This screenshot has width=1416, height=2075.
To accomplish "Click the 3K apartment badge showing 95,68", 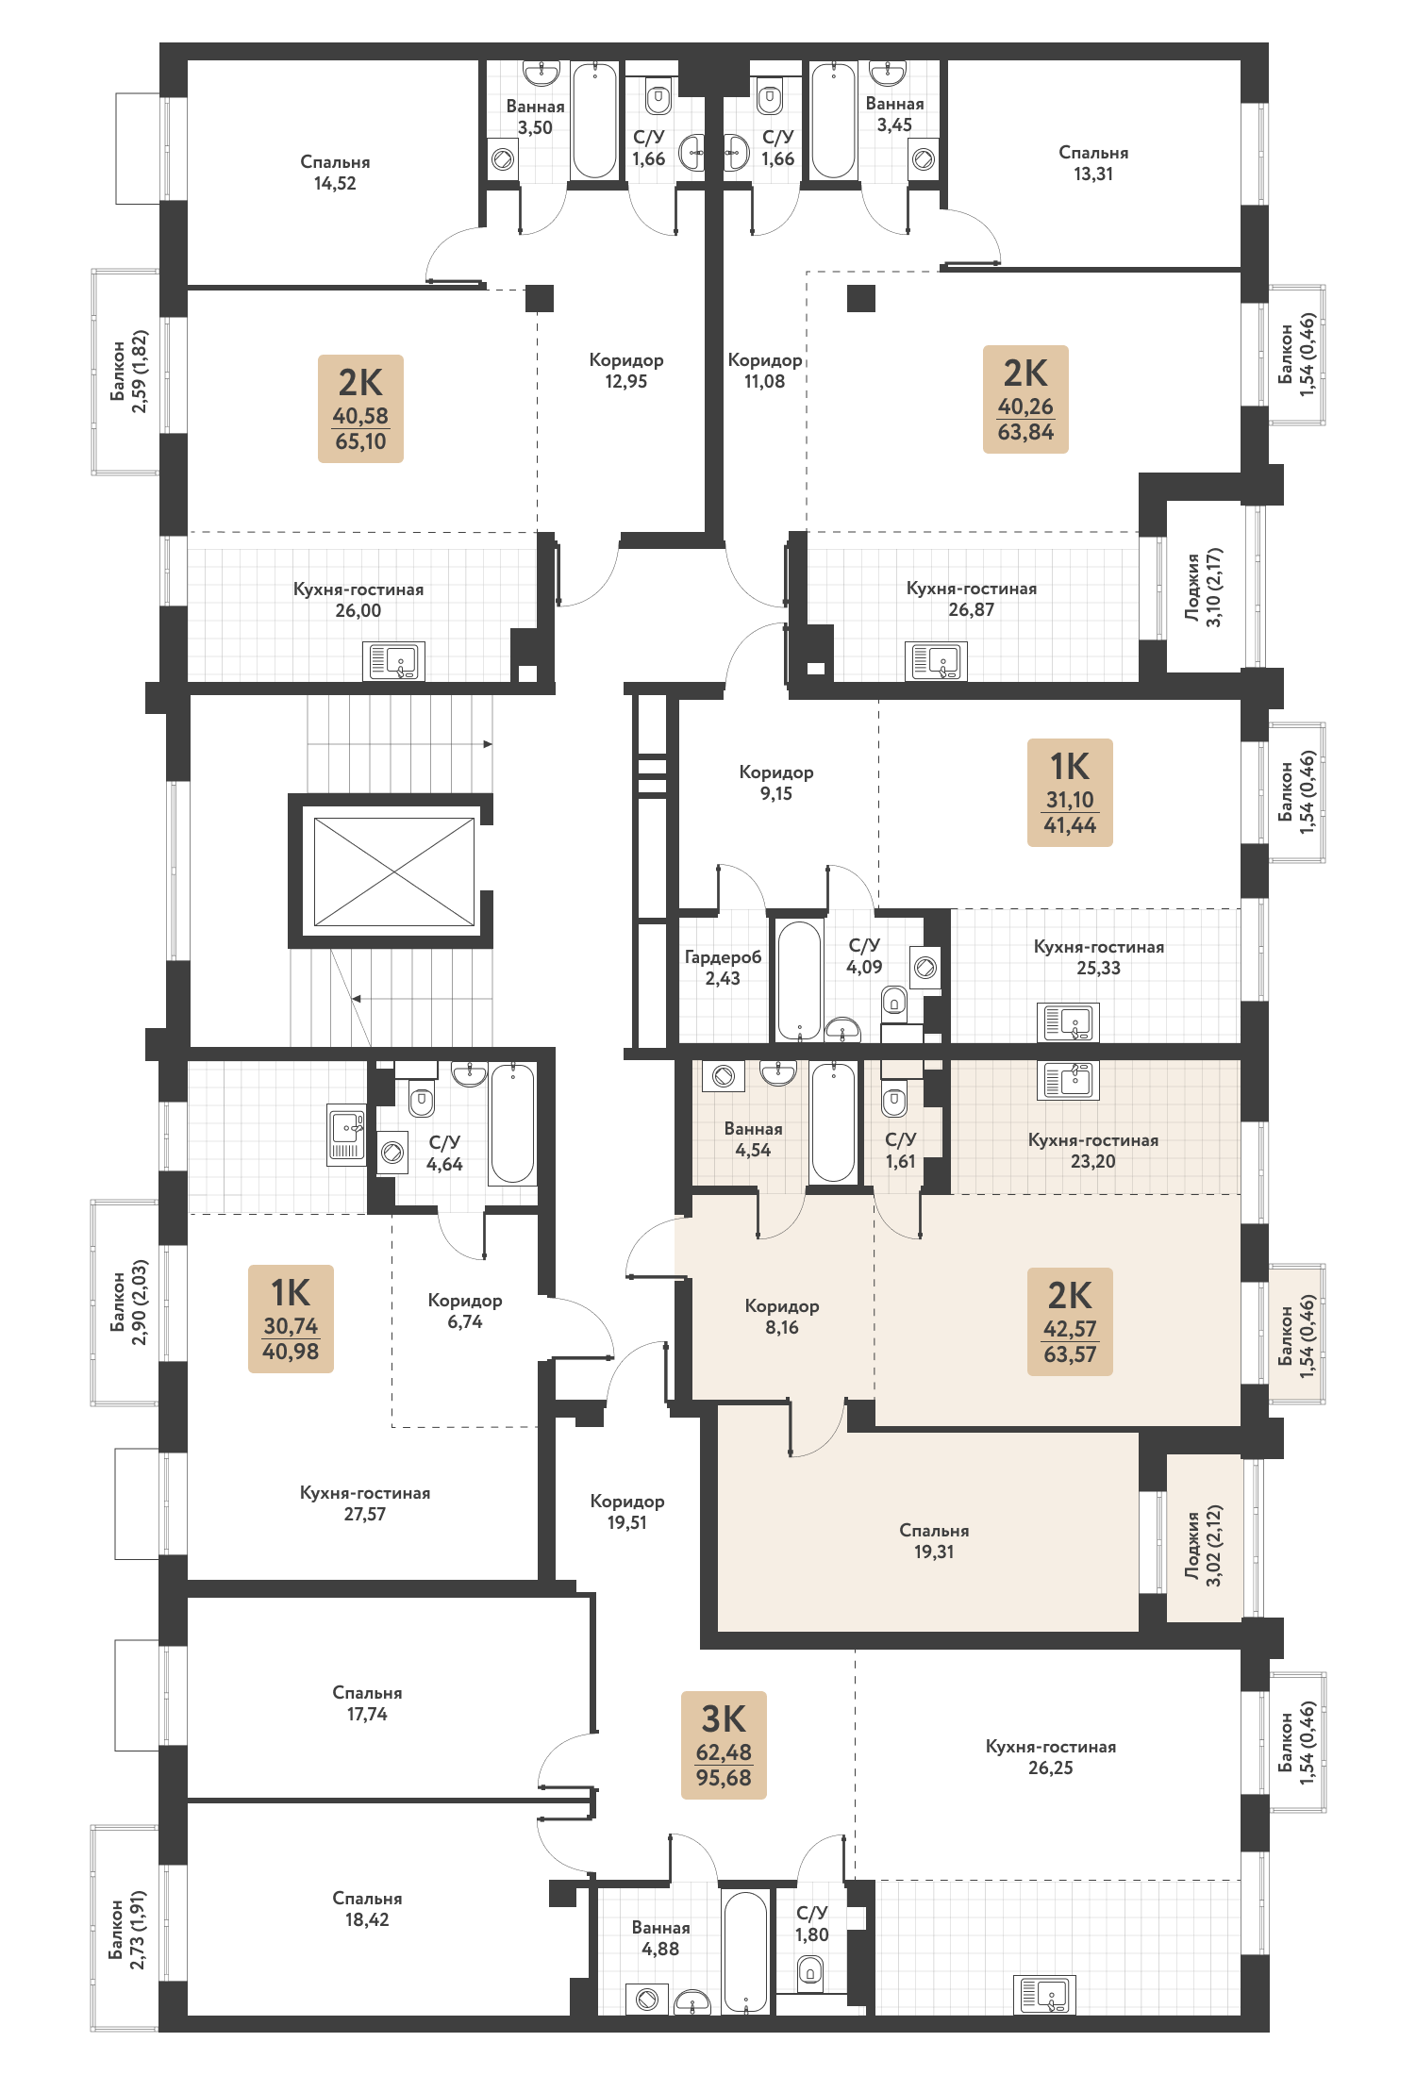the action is tap(724, 1745).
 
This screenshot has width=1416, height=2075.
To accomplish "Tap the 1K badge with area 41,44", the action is tap(1070, 792).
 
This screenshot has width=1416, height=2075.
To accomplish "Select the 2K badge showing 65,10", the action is tap(360, 408).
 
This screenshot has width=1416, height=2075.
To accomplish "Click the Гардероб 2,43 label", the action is tap(723, 968).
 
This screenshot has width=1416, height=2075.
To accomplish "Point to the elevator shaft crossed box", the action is tap(394, 871).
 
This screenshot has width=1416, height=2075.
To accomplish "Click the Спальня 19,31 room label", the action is tap(934, 1540).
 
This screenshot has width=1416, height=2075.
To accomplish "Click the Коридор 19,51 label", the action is tap(627, 1511).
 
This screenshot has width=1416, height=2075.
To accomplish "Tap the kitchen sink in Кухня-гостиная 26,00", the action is tap(394, 661).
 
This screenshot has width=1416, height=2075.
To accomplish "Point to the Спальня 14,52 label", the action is tap(335, 173).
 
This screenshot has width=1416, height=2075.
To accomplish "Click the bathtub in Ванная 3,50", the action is tap(594, 120).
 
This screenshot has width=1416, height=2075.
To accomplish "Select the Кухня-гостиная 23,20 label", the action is tap(1093, 1150).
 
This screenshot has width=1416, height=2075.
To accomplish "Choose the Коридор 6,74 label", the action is tap(465, 1310).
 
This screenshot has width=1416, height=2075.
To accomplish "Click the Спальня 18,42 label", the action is tap(367, 1908).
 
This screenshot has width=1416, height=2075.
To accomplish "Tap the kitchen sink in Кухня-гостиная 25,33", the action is tap(1068, 1022).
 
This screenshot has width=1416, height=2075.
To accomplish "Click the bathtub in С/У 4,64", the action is tap(512, 1123).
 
